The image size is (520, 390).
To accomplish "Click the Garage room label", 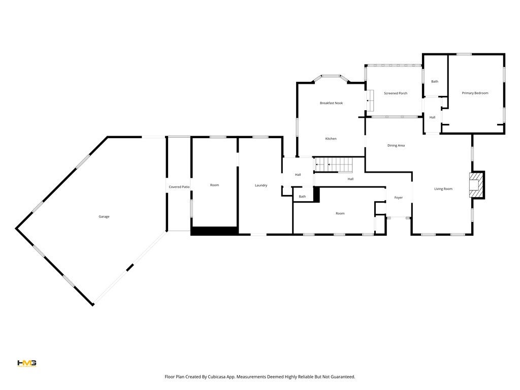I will (104, 217).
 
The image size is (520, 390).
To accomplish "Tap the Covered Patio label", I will (179, 187).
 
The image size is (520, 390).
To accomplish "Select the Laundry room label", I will (261, 185).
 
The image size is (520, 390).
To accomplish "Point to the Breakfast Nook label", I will (331, 103).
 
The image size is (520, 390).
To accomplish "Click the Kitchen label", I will (331, 139).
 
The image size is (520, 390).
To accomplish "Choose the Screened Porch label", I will (396, 93).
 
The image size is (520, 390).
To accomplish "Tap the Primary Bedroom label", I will (475, 93).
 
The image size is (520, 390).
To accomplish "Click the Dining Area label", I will (396, 146).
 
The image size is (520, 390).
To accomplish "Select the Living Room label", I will (443, 189).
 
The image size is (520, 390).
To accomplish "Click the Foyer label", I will (399, 198).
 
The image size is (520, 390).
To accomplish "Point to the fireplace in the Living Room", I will (477, 185).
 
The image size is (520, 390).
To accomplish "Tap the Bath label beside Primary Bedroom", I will (435, 81).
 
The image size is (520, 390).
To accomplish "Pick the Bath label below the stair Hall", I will (302, 197).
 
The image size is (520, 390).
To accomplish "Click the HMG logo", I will (27, 363).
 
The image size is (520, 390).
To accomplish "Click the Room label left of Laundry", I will (214, 185).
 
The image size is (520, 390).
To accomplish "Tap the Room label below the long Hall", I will (340, 213).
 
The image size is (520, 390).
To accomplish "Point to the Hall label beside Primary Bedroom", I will (432, 117).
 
